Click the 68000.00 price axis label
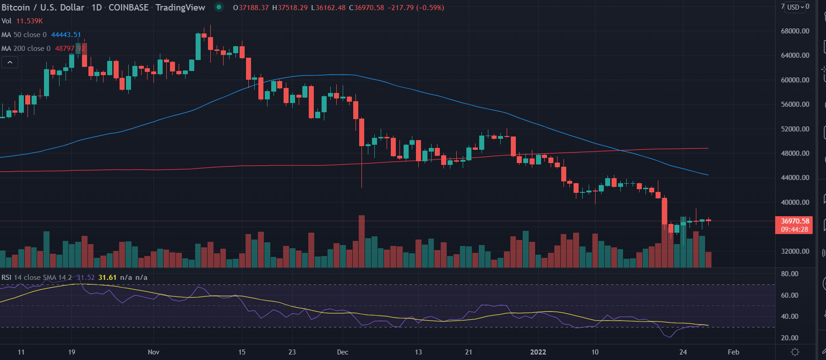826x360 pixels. click(x=795, y=31)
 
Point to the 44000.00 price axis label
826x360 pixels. click(x=795, y=178)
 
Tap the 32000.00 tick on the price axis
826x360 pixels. click(x=795, y=251)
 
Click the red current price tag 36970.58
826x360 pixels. click(x=794, y=221)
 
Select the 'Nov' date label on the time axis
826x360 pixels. click(x=153, y=352)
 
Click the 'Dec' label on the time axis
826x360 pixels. click(x=342, y=352)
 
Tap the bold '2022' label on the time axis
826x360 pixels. click(x=538, y=352)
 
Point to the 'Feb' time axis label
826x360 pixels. click(x=733, y=352)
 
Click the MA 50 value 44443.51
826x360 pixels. click(x=66, y=35)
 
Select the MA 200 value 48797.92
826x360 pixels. click(x=70, y=49)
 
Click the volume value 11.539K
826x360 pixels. click(x=29, y=21)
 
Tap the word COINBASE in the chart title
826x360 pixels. click(x=128, y=8)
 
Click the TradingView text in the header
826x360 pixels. click(x=180, y=8)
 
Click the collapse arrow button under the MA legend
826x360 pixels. click(x=10, y=62)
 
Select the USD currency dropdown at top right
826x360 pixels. click(x=795, y=7)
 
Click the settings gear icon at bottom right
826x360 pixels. click(x=795, y=352)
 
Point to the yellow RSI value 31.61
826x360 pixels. click(x=107, y=278)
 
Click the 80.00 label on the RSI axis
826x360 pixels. click(x=789, y=274)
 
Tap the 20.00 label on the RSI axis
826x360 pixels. click(x=789, y=338)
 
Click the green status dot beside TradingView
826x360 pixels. click(x=219, y=7)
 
